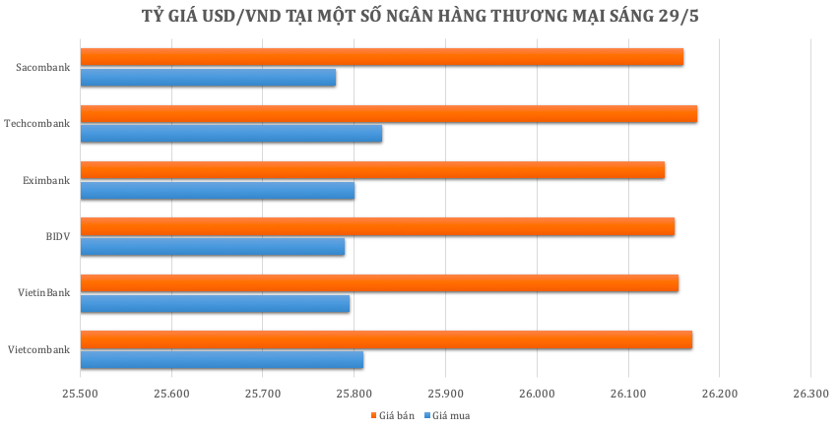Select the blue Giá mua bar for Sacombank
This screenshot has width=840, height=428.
coord(208,78)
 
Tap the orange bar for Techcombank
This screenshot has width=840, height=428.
coord(388,114)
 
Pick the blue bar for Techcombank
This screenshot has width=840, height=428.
coord(230,134)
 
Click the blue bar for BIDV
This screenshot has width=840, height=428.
coord(212,247)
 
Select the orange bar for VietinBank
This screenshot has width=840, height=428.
coord(379,283)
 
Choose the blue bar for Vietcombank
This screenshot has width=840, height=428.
coord(222,360)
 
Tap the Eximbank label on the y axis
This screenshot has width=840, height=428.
coord(46,180)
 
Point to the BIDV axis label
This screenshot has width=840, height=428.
coord(57,236)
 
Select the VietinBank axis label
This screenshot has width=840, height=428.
coord(44,293)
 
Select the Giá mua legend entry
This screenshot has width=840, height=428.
coord(447,415)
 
